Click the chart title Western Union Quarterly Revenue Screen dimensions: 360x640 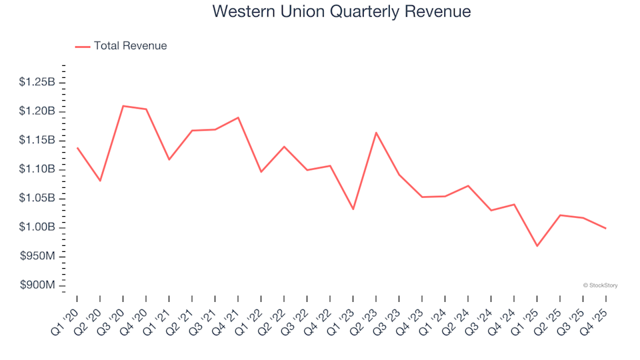click(x=341, y=11)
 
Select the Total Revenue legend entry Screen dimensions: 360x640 click(x=129, y=46)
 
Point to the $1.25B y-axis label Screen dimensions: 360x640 click(x=37, y=82)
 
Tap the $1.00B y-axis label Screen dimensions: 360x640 click(x=37, y=227)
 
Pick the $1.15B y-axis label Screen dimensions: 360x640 click(x=37, y=140)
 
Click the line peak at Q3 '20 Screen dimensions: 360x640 click(x=123, y=106)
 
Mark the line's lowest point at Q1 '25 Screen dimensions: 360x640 click(x=537, y=246)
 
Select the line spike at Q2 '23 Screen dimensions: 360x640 click(x=376, y=133)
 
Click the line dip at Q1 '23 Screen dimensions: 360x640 click(x=353, y=209)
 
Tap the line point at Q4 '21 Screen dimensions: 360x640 click(x=238, y=117)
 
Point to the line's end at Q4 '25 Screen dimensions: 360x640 click(x=605, y=228)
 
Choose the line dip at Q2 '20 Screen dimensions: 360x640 click(x=100, y=181)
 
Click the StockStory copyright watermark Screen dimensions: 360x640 click(x=600, y=285)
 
